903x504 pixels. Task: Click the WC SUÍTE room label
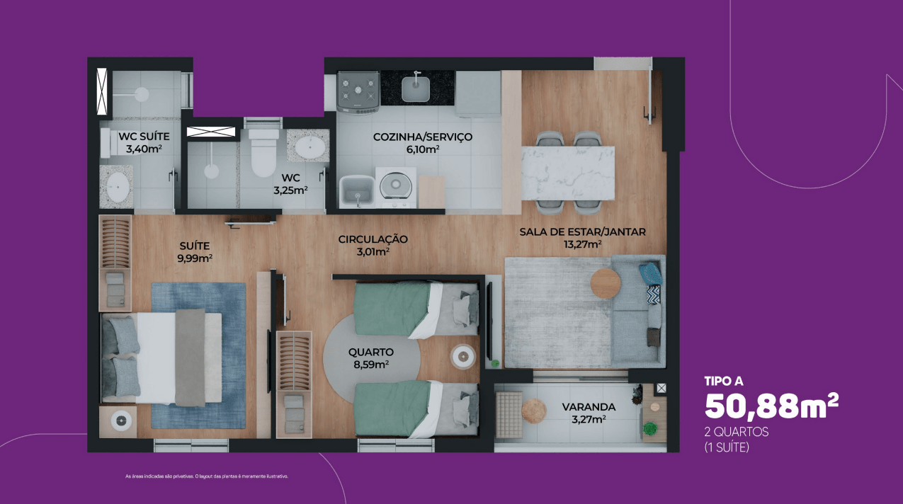click(144, 136)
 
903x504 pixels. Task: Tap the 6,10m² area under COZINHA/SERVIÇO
click(423, 149)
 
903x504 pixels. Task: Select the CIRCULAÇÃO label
click(373, 239)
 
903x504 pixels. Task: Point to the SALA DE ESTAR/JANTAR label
click(582, 232)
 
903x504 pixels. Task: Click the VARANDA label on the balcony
click(589, 407)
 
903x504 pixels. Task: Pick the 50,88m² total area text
click(771, 406)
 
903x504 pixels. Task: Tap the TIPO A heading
click(724, 381)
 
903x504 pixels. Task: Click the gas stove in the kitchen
click(358, 92)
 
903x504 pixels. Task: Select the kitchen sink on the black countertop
click(416, 88)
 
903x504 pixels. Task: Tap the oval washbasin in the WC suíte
click(118, 188)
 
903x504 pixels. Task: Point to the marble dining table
click(568, 173)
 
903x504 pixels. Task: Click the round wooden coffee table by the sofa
click(606, 283)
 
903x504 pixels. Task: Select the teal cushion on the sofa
click(651, 273)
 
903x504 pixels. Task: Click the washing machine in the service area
click(395, 188)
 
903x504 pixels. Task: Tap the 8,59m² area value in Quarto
click(371, 365)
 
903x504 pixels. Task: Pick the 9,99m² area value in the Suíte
click(195, 258)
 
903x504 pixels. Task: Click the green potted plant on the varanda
click(649, 428)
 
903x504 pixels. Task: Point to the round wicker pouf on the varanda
click(534, 411)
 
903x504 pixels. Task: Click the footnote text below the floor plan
click(207, 476)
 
